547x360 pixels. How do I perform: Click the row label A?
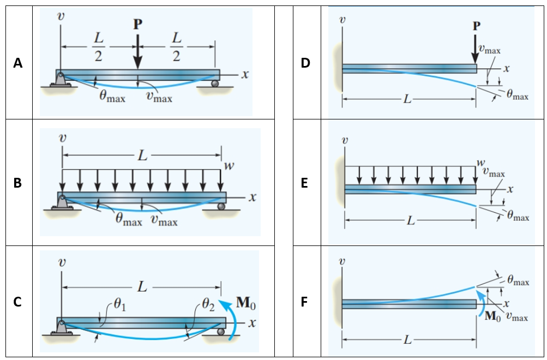click(18, 64)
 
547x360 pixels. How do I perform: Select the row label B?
click(18, 183)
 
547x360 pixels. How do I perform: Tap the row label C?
click(18, 302)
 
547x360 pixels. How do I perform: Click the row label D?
click(305, 64)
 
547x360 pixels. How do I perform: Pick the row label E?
click(305, 183)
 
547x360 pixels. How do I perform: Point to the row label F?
click(305, 302)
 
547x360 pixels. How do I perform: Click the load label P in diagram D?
click(477, 26)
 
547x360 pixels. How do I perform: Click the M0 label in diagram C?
click(244, 302)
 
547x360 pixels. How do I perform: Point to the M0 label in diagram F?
click(491, 316)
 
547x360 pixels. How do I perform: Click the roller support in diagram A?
click(215, 83)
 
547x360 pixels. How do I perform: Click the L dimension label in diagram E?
click(411, 221)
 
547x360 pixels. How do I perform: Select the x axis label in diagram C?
click(251, 322)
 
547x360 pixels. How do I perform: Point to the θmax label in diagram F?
click(518, 281)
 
